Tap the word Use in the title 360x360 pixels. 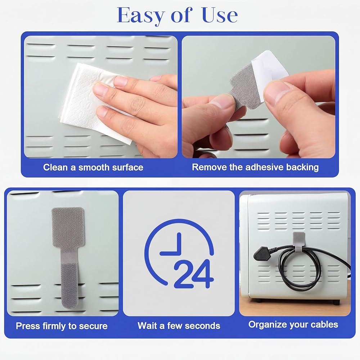tap(220, 15)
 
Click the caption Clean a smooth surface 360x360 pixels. tap(93, 167)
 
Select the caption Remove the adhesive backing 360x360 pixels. tap(255, 167)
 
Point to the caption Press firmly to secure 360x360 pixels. tap(62, 326)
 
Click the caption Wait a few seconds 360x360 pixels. tap(179, 326)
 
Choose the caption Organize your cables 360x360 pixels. tap(293, 325)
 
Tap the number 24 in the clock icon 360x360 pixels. tap(194, 274)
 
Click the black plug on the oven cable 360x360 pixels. tap(261, 254)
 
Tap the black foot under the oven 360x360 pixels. tap(336, 302)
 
